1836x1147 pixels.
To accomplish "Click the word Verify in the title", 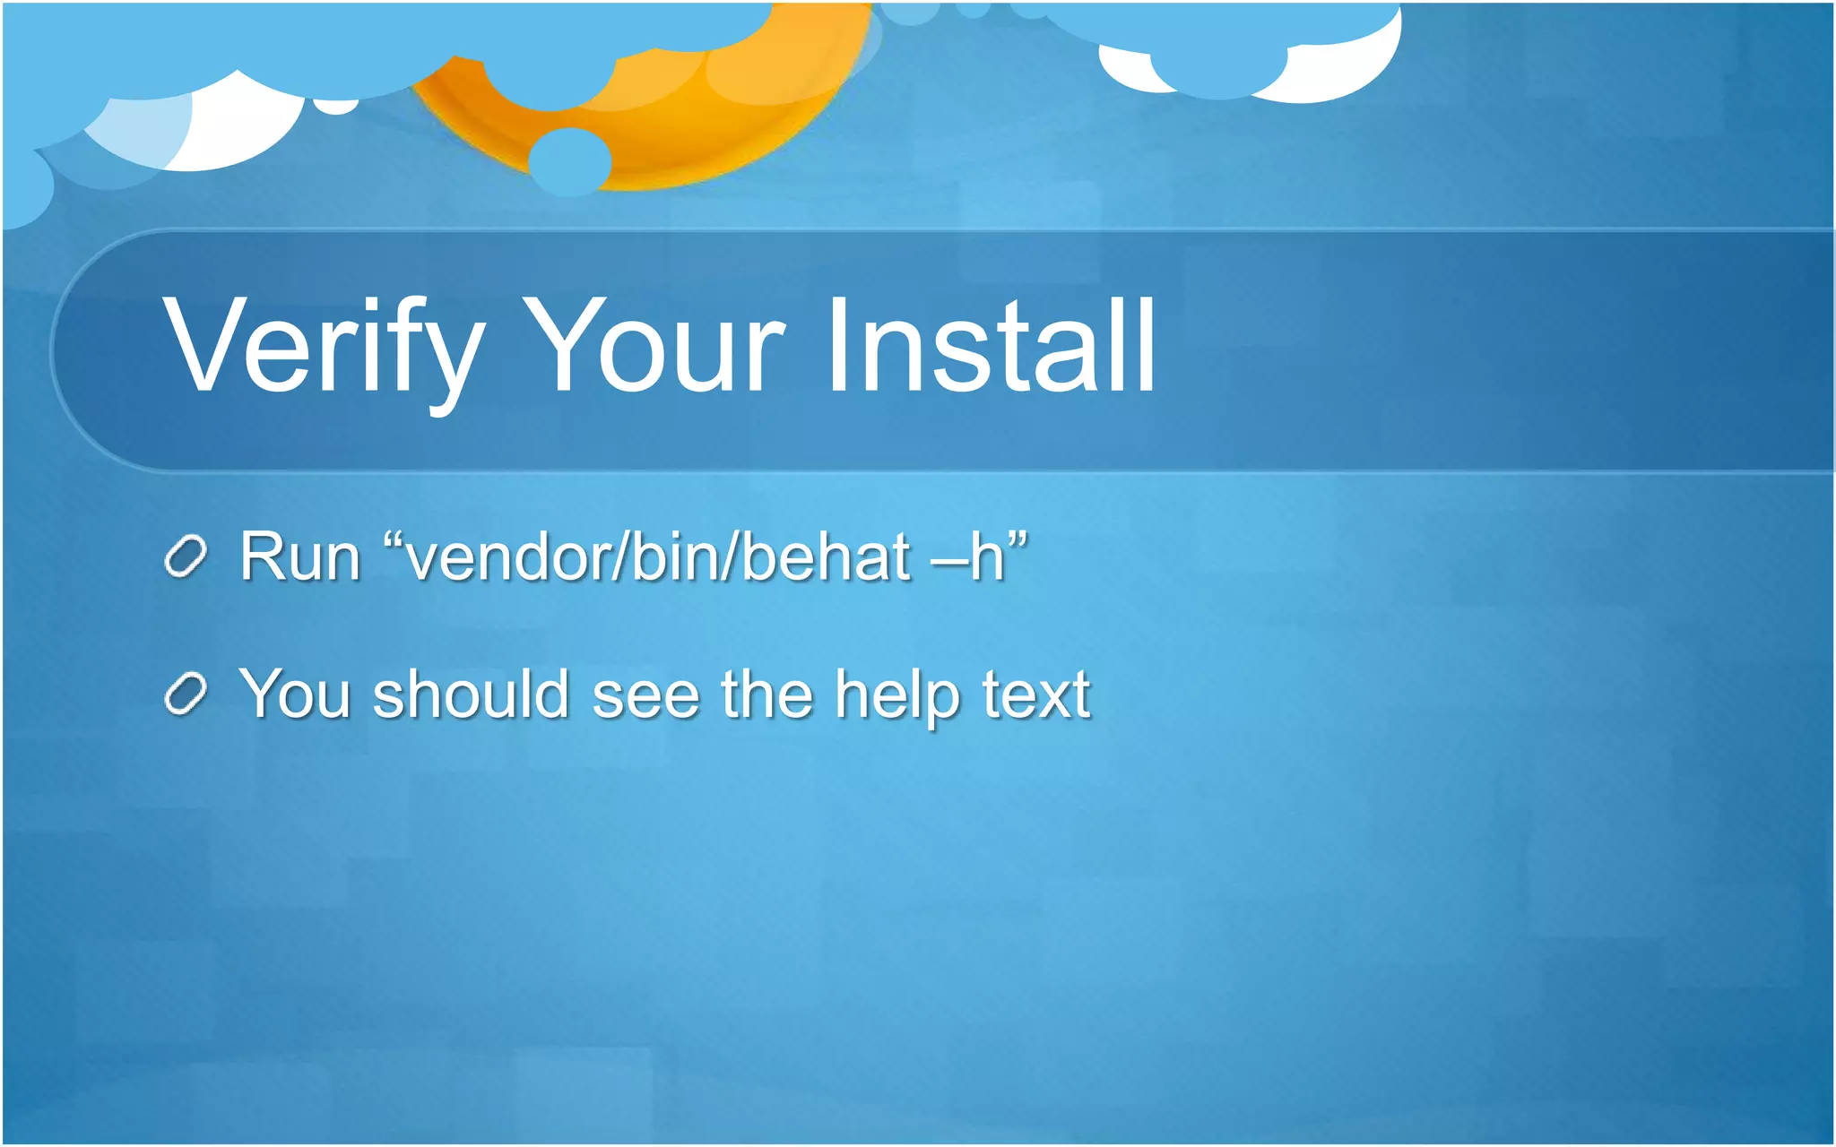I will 323,348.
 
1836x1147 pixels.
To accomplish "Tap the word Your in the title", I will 654,348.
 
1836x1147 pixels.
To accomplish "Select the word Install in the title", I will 991,348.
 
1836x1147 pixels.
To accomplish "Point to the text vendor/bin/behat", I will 659,557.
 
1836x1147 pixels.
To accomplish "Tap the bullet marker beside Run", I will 186,557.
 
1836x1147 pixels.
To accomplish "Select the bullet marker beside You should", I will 186,694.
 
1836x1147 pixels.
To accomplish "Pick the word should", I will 472,694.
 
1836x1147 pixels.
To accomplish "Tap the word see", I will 645,696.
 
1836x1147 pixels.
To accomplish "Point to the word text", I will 1036,694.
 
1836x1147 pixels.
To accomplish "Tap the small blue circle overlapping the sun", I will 569,161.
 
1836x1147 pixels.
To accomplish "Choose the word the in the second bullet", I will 766,694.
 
